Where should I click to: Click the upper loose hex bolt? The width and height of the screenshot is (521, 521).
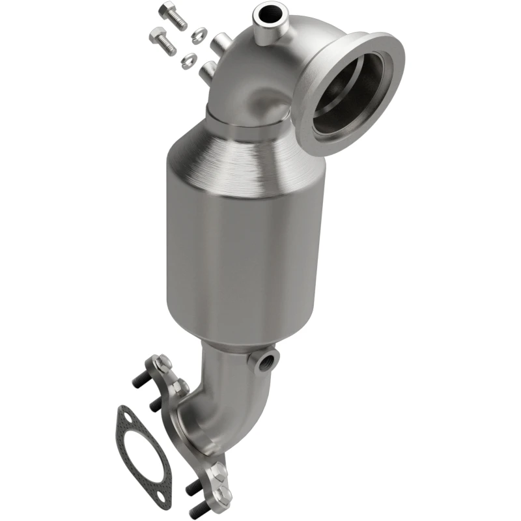[x=173, y=16]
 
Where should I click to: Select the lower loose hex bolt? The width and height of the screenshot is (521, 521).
[x=163, y=42]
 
